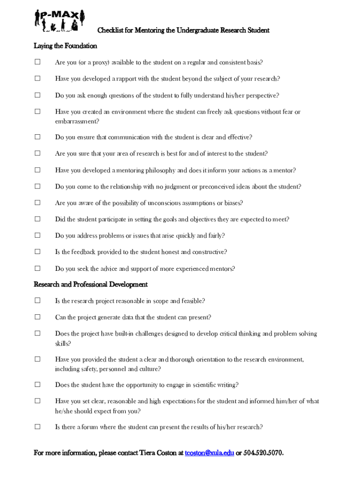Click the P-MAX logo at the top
pos(59,21)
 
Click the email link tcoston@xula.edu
pos(209,453)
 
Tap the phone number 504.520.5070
pos(263,453)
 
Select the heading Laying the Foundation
pos(65,46)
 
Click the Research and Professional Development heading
pos(91,284)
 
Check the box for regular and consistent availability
pos(37,62)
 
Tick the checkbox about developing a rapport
pos(37,79)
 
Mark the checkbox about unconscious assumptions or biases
pos(37,203)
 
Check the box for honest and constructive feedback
pos(37,252)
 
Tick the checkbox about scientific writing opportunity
pos(37,385)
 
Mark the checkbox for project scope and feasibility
pos(37,300)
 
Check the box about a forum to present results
pos(37,427)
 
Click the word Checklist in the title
pos(110,30)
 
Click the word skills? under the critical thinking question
pos(63,343)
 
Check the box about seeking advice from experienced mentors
pos(37,268)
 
